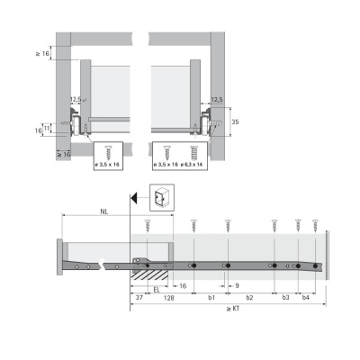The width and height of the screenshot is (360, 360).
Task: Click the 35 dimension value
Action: pyautogui.click(x=234, y=120)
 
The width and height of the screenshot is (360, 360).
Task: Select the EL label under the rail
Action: pyautogui.click(x=157, y=291)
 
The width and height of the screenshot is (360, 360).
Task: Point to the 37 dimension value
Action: pyautogui.click(x=139, y=297)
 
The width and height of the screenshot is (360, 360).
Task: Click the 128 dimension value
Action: pyautogui.click(x=167, y=297)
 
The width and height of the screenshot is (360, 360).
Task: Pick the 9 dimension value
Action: pyautogui.click(x=236, y=285)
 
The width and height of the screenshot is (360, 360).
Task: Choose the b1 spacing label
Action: pyautogui.click(x=211, y=297)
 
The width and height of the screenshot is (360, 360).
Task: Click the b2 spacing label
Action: pyautogui.click(x=250, y=297)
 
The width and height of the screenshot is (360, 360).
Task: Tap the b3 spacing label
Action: pyautogui.click(x=285, y=297)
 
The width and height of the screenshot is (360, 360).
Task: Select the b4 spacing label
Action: pyautogui.click(x=306, y=297)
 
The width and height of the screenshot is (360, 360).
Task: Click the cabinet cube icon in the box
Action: pyautogui.click(x=161, y=198)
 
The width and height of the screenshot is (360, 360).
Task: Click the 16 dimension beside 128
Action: pyautogui.click(x=183, y=285)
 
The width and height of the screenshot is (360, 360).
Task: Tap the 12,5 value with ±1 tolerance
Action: pyautogui.click(x=76, y=100)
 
